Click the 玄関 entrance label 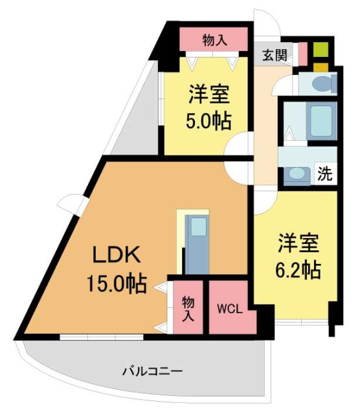click(275, 55)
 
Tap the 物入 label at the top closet click(214, 39)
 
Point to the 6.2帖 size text click(299, 270)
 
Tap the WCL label click(230, 309)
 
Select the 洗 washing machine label click(325, 173)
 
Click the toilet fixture click(322, 83)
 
